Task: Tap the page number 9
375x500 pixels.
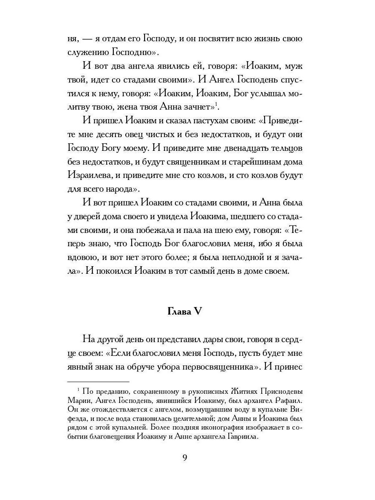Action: (185, 457)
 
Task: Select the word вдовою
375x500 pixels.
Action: (82, 257)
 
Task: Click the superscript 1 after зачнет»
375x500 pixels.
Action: (217, 104)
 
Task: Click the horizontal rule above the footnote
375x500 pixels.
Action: (98, 381)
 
